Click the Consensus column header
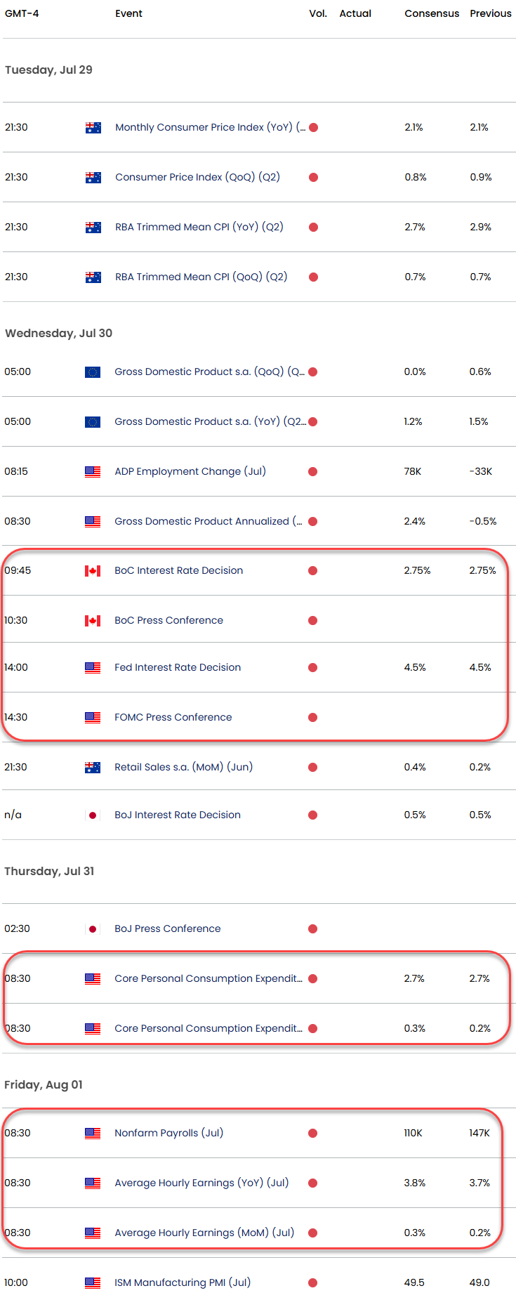coord(432,13)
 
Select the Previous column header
coord(491,13)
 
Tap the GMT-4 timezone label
coord(22,13)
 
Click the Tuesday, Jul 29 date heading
coord(48,70)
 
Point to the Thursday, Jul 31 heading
coord(49,871)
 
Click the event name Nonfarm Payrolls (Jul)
coord(168,1133)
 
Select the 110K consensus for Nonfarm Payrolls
coord(413,1133)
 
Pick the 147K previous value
coord(479,1133)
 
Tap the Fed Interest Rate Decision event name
coord(178,667)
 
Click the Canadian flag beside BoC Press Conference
coord(93,621)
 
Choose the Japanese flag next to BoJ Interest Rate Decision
coord(93,815)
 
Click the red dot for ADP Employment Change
coord(312,472)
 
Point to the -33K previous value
coord(481,471)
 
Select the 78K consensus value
coord(413,471)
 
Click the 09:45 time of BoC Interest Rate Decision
coord(18,570)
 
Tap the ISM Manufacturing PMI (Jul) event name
coord(183,1282)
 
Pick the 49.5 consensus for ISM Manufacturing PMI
coord(414,1282)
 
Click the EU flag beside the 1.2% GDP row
coord(93,422)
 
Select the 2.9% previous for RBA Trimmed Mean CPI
coord(481,227)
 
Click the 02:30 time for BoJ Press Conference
coord(17,928)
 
